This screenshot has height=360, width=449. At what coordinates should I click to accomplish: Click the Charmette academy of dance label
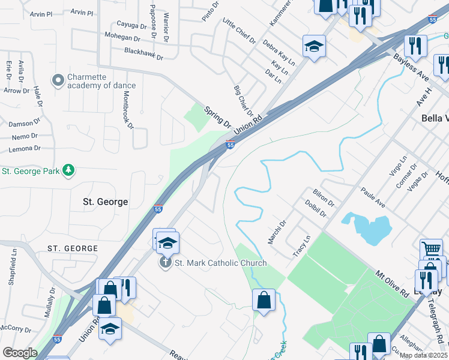101,81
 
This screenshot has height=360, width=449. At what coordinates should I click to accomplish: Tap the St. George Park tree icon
70,171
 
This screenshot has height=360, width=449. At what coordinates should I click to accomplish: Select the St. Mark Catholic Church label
220,263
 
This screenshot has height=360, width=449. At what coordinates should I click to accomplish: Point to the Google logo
20,353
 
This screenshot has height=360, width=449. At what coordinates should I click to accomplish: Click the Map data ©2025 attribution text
423,355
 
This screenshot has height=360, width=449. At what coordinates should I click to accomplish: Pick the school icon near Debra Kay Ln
313,46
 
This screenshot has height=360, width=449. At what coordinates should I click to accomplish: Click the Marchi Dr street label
277,232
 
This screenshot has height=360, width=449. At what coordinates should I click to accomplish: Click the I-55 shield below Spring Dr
230,144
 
